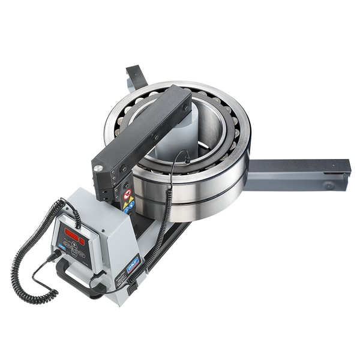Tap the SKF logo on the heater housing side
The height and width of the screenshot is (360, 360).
tap(133, 262)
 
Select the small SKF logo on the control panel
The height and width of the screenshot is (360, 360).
tap(61, 245)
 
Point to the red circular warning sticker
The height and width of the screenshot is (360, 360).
tap(127, 194)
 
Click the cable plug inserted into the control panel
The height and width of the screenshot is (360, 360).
tap(57, 254)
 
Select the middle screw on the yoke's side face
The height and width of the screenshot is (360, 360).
tap(157, 137)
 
